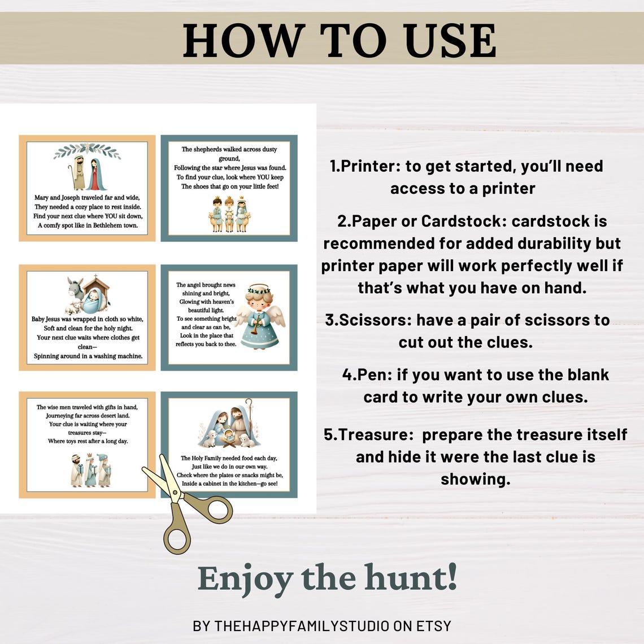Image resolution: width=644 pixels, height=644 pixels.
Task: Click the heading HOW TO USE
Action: (340, 40)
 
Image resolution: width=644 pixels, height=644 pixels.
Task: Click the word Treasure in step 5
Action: (376, 435)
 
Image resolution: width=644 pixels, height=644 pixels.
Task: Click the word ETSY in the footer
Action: (434, 626)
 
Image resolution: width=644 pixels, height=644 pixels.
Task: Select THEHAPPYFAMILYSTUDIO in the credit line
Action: (302, 626)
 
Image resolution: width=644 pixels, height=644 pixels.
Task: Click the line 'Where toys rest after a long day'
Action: (88, 441)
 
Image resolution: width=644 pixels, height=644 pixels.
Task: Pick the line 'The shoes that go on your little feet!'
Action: (229, 186)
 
